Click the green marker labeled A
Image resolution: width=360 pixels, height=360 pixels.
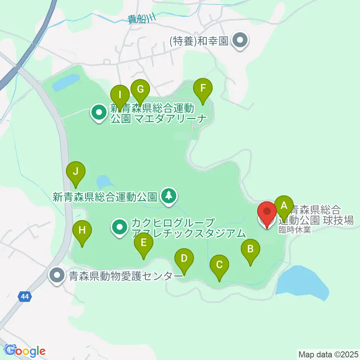tap(284, 205)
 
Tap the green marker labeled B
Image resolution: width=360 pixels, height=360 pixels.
tap(250, 249)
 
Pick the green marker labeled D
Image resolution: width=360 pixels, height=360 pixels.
tap(184, 258)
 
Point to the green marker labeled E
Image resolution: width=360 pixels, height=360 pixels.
tap(144, 243)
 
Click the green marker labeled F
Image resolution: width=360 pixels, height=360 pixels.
tap(202, 88)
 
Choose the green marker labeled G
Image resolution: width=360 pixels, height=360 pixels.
tap(140, 89)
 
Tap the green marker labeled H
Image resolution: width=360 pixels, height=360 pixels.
tap(82, 230)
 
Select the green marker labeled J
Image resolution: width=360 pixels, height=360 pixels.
tap(76, 172)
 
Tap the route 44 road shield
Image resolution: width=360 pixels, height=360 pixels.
tap(24, 297)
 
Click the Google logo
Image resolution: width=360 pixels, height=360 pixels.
tap(25, 351)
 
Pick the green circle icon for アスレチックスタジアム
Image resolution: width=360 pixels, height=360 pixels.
tap(120, 227)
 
